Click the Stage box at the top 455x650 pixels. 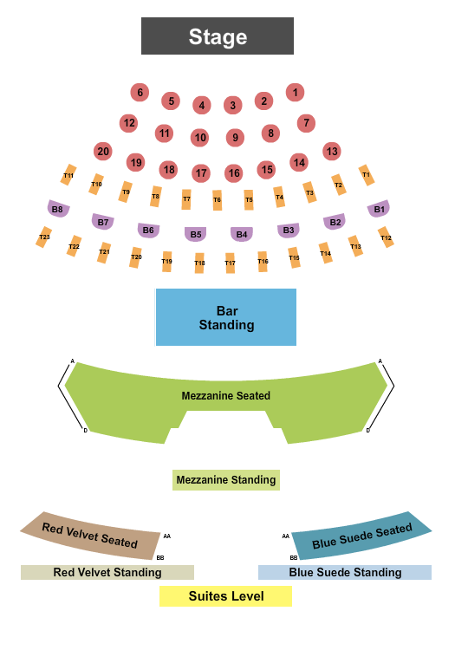point(218,36)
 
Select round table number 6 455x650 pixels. point(140,92)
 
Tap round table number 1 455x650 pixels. point(296,92)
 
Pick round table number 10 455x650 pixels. point(200,137)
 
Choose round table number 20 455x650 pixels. point(103,152)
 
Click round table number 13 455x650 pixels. point(331,151)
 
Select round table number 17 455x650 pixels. point(201,173)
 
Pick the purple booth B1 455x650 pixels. point(378,209)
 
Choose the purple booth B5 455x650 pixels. point(196,234)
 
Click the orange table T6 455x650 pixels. point(218,200)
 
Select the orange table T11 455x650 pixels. point(68,175)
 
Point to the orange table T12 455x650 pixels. point(386,237)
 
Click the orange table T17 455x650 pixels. point(230,263)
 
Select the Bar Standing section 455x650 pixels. point(225,317)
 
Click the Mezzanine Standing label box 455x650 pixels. point(225,479)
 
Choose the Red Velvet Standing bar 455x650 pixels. point(107,572)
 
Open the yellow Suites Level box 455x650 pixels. point(225,596)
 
